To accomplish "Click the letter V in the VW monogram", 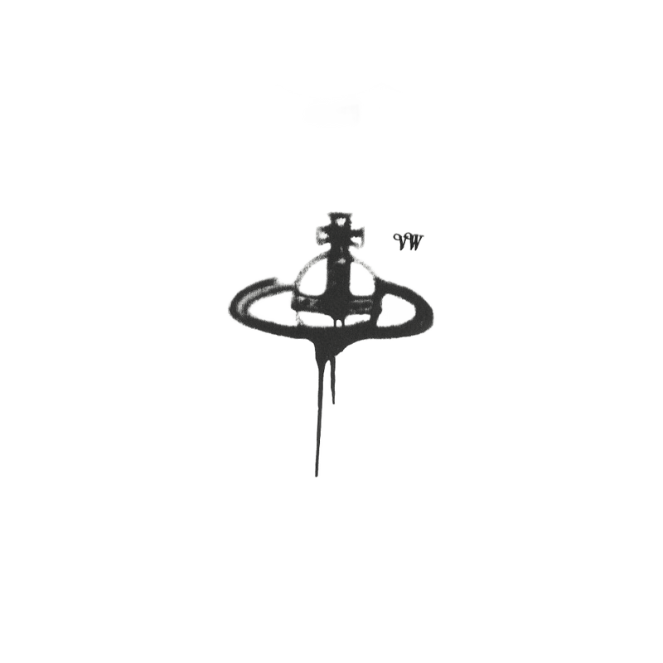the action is click(x=401, y=242).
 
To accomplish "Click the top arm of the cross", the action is click(x=339, y=220).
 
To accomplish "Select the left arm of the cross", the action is click(x=324, y=237).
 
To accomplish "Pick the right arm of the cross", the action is click(x=356, y=237).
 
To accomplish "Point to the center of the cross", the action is click(x=340, y=237).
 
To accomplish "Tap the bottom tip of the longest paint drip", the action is click(x=317, y=476).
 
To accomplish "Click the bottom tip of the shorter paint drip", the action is click(x=333, y=403).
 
